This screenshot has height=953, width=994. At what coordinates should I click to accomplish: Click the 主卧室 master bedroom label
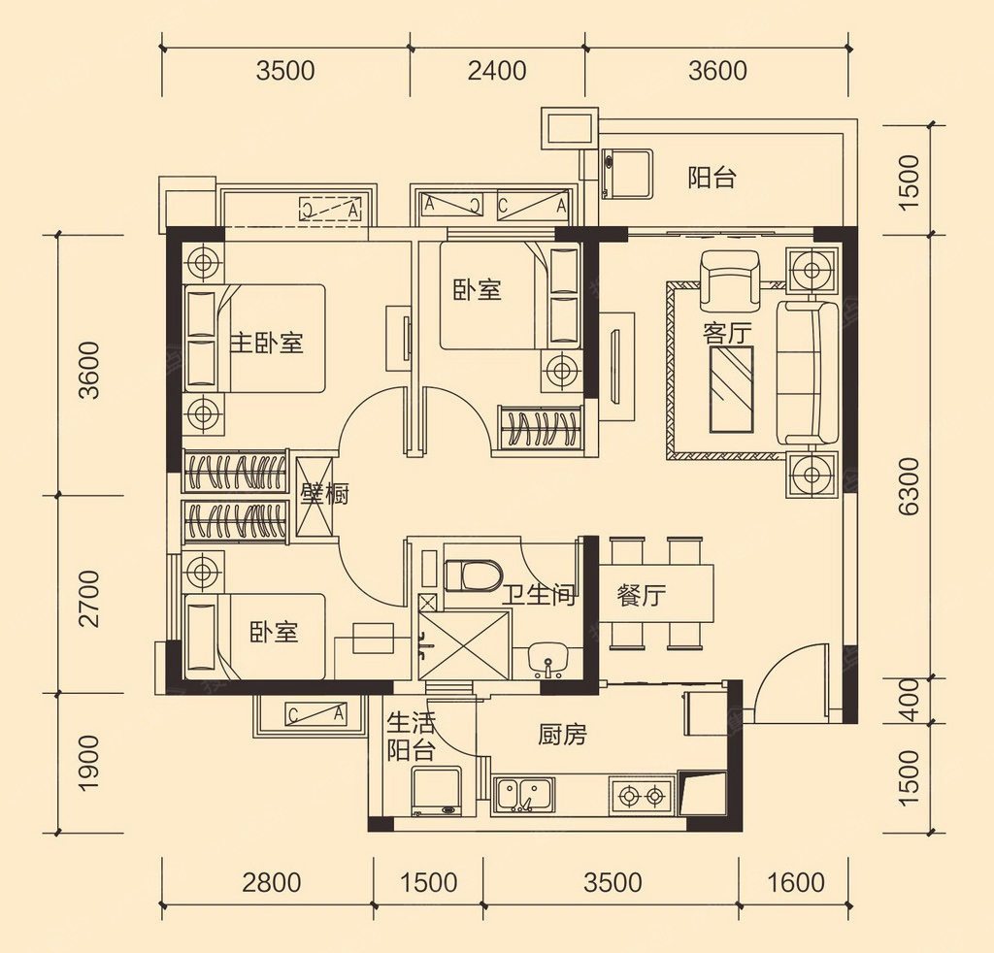pyautogui.click(x=266, y=344)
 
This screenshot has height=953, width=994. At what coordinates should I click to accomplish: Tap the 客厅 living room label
pyautogui.click(x=727, y=333)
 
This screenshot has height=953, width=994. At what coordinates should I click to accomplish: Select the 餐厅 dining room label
pyautogui.click(x=641, y=595)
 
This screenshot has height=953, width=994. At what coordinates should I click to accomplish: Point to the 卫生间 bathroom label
pyautogui.click(x=540, y=595)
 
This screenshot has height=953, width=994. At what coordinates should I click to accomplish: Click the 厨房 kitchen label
pyautogui.click(x=562, y=735)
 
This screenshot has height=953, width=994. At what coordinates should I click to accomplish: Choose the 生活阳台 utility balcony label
pyautogui.click(x=411, y=737)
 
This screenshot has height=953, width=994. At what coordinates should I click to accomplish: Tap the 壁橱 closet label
pyautogui.click(x=324, y=494)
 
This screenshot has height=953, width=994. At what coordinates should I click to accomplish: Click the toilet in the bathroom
pyautogui.click(x=473, y=575)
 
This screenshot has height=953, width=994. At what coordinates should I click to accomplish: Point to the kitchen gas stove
pyautogui.click(x=641, y=795)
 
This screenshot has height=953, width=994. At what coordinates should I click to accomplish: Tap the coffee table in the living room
pyautogui.click(x=732, y=390)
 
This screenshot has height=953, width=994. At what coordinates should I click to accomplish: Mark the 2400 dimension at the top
pyautogui.click(x=497, y=70)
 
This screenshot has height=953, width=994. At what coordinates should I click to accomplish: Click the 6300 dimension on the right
pyautogui.click(x=909, y=486)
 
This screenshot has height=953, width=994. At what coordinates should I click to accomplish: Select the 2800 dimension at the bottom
pyautogui.click(x=272, y=883)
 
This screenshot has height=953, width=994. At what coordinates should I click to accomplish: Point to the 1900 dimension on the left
pyautogui.click(x=89, y=763)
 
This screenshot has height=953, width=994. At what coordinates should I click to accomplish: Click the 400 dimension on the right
pyautogui.click(x=909, y=700)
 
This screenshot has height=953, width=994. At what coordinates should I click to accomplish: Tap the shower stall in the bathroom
pyautogui.click(x=464, y=645)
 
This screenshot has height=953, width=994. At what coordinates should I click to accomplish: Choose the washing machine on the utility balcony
pyautogui.click(x=438, y=792)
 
